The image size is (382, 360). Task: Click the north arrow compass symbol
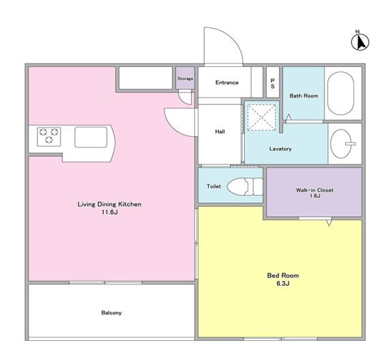click(360, 41)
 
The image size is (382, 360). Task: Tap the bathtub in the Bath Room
click(340, 93)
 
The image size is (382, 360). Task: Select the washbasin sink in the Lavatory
click(341, 144)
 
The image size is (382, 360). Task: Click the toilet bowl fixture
click(245, 187)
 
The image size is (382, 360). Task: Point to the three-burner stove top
click(49, 136)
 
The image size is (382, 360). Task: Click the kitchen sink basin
click(91, 137)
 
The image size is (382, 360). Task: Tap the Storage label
click(185, 78)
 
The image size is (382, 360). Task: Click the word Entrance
click(226, 82)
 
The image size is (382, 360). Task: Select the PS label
click(273, 83)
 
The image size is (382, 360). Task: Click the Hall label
click(220, 132)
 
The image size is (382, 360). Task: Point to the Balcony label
click(111, 313)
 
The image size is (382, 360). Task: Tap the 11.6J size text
click(110, 212)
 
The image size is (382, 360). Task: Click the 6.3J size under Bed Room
click(283, 283)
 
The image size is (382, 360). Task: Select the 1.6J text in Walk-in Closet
click(314, 196)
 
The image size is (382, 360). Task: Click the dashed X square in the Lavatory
click(262, 117)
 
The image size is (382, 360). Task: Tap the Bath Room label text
click(304, 95)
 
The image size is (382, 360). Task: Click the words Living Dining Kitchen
click(109, 204)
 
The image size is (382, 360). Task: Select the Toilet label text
click(214, 186)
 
